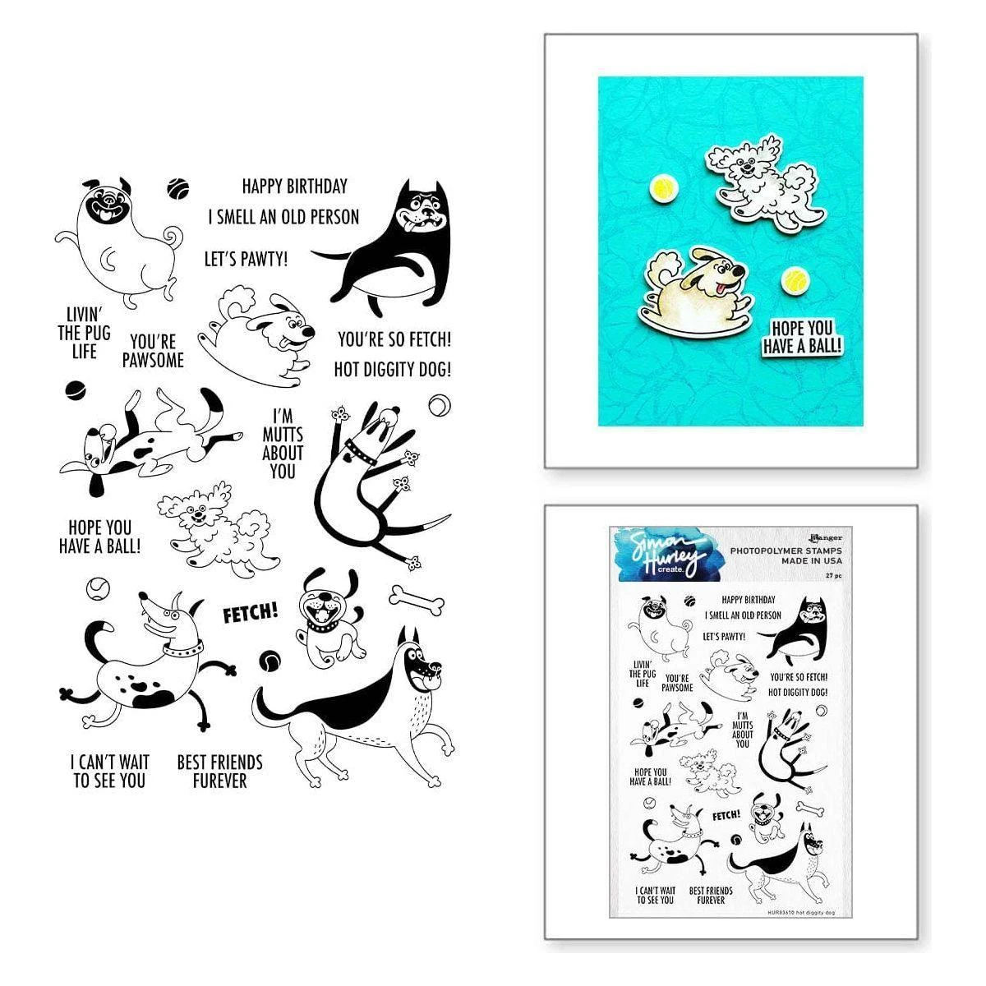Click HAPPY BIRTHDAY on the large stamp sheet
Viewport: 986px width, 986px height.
[283, 187]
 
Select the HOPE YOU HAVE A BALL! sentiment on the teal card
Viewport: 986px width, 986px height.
[802, 337]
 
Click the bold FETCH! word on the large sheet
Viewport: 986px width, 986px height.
[250, 612]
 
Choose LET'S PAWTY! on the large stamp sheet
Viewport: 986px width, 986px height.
[246, 260]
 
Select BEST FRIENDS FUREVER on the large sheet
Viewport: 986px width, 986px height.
[219, 771]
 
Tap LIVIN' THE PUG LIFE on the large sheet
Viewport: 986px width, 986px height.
[84, 333]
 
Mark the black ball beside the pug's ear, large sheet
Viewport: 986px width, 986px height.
[175, 188]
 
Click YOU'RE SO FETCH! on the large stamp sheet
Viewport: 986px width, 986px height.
[394, 339]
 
